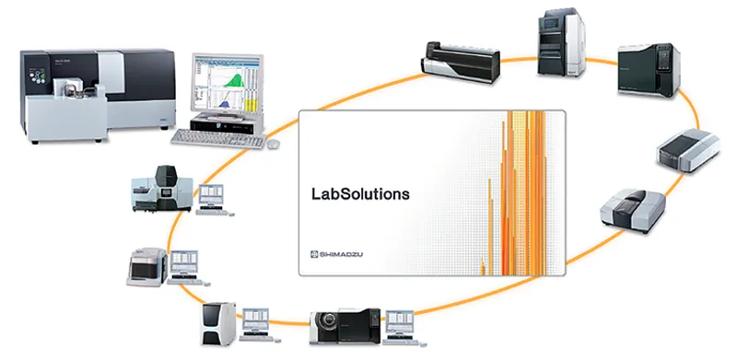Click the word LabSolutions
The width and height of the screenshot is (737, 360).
[x=360, y=194]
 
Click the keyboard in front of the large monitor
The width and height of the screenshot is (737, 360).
[x=216, y=138]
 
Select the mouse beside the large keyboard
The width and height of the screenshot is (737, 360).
[x=273, y=144]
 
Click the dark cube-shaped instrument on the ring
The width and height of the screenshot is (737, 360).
[x=645, y=69]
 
